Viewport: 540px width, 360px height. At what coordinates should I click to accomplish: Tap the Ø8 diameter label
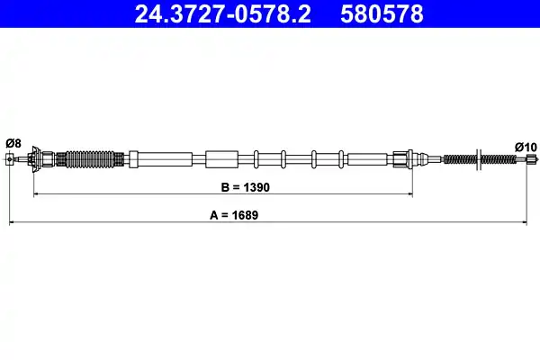click(13, 142)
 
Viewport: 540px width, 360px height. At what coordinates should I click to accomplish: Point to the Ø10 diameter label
click(525, 146)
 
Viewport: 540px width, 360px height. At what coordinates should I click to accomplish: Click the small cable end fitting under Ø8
click(10, 160)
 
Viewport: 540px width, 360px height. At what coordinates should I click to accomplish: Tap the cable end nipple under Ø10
click(530, 160)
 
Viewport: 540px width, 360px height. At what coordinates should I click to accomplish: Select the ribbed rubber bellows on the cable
click(90, 160)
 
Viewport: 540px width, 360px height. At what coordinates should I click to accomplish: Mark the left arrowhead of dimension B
click(36, 193)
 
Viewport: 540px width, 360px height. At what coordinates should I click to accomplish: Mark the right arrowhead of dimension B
click(410, 193)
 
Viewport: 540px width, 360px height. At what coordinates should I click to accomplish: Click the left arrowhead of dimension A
click(12, 220)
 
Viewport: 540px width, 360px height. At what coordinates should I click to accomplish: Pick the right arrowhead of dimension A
click(527, 220)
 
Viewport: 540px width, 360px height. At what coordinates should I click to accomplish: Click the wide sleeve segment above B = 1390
click(220, 160)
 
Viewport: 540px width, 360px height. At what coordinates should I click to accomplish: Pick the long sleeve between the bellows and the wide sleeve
click(165, 160)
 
